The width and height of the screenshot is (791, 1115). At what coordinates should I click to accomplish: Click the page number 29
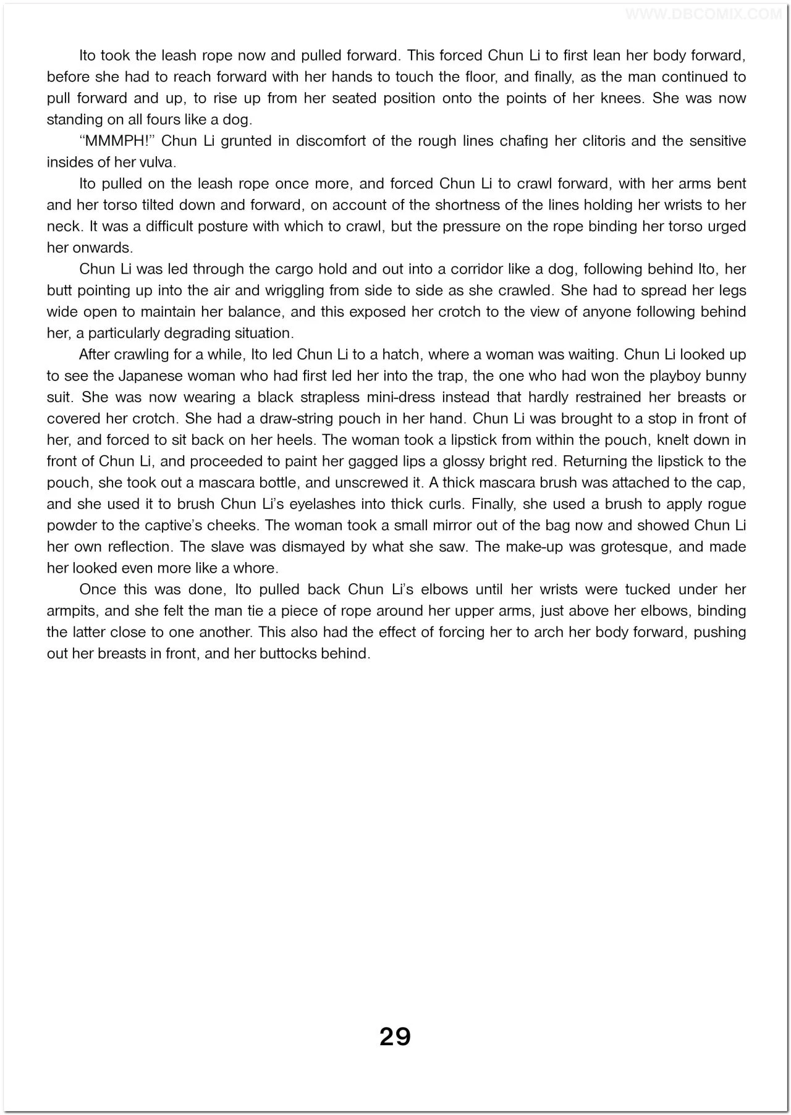(395, 1036)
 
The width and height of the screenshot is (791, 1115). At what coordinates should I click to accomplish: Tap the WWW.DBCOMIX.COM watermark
(704, 14)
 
